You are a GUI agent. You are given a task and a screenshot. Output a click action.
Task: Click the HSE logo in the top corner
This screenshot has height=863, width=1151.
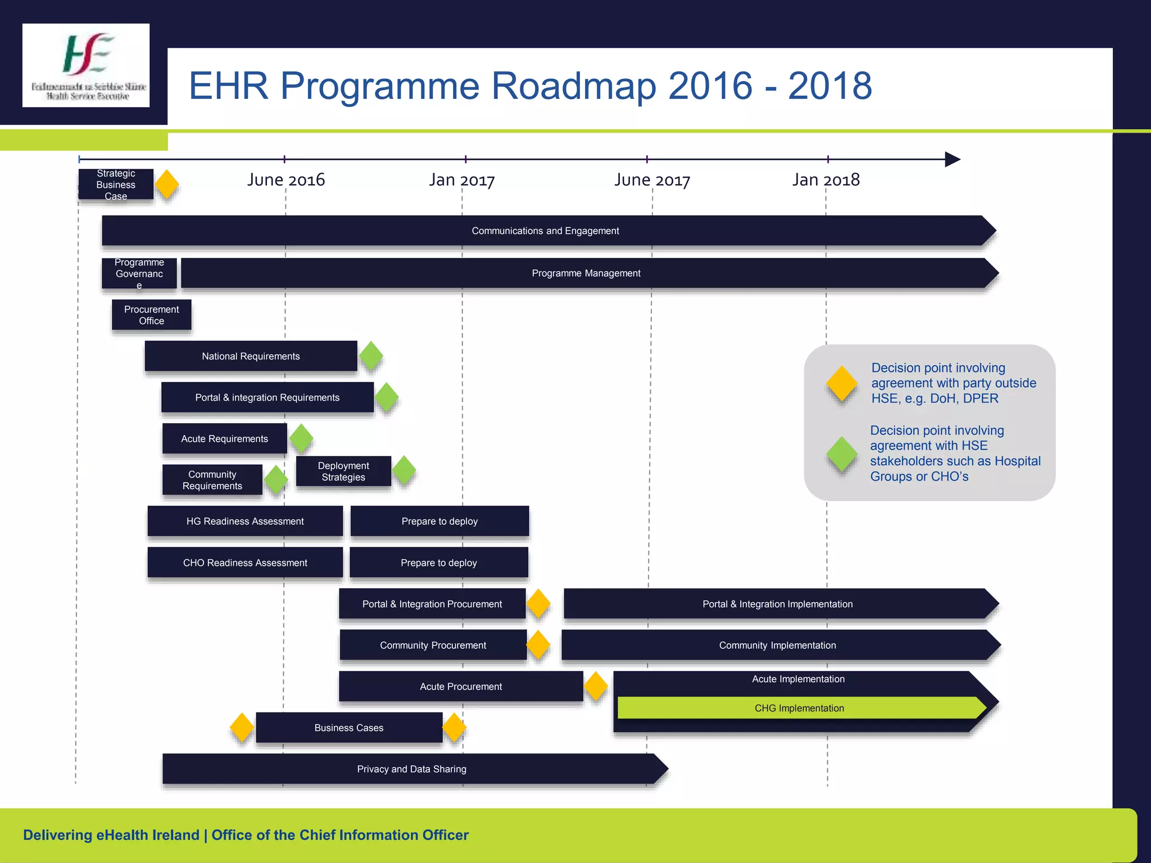(x=86, y=65)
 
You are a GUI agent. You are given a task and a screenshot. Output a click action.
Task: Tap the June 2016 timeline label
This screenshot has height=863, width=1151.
(x=286, y=180)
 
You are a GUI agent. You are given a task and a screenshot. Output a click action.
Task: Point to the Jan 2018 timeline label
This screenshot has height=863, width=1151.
(x=826, y=180)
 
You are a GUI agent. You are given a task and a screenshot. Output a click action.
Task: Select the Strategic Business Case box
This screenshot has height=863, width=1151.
(x=116, y=184)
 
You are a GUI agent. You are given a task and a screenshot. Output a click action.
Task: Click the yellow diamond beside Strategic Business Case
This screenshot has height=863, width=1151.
(x=167, y=184)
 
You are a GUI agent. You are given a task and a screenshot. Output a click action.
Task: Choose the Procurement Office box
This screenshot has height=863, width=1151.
(x=152, y=315)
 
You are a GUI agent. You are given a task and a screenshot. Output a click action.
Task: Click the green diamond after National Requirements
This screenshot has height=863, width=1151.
(x=371, y=356)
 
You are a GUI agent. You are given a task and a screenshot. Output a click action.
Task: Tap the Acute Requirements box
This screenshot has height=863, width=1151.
(x=224, y=439)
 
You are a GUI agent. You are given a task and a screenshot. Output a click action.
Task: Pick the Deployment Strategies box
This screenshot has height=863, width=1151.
(x=343, y=471)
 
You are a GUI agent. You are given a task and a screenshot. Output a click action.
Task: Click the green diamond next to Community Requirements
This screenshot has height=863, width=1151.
(x=276, y=480)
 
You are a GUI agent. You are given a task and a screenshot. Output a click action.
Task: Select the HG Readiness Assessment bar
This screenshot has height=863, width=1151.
(x=245, y=521)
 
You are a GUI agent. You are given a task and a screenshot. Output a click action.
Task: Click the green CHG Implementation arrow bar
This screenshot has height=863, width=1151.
(x=799, y=708)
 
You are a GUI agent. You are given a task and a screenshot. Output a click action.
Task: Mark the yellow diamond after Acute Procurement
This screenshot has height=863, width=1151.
(x=596, y=686)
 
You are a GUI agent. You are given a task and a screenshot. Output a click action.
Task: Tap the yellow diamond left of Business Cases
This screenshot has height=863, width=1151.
(x=242, y=728)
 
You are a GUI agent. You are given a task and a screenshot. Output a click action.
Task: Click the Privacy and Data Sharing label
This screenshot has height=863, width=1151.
(x=411, y=769)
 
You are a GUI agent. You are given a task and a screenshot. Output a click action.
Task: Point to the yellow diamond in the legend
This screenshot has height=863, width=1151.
(x=842, y=384)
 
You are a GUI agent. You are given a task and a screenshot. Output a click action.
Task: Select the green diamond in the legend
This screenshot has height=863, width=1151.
(x=842, y=454)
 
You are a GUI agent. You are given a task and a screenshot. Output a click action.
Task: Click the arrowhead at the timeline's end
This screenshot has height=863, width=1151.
(x=952, y=160)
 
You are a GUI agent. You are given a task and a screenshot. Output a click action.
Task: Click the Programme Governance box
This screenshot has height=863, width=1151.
(x=139, y=274)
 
